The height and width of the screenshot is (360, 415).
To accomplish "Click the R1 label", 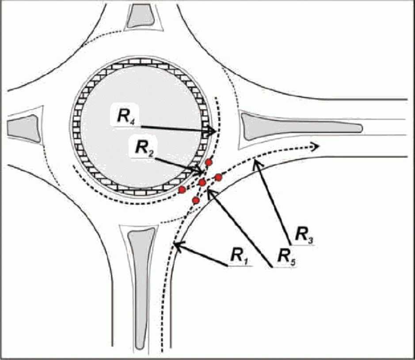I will [x=239, y=255].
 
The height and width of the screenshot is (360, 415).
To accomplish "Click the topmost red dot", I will [x=209, y=162].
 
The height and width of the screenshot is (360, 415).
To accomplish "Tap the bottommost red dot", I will [x=196, y=200].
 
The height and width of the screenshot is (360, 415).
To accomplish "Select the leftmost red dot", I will [x=182, y=190].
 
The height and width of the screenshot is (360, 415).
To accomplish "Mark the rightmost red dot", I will [x=218, y=177].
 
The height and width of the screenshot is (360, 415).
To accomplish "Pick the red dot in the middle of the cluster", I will [x=202, y=182].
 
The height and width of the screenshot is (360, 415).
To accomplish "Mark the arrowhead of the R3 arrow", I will [x=255, y=163].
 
